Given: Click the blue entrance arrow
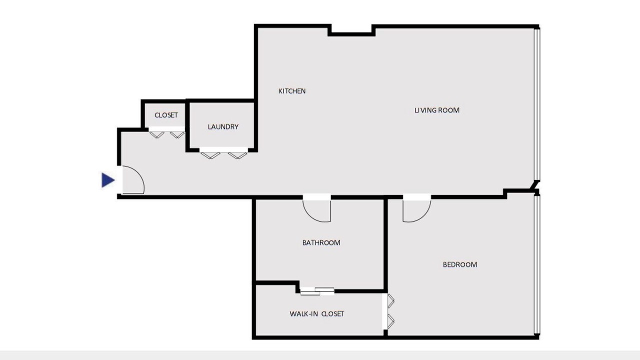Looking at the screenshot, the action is [108, 180].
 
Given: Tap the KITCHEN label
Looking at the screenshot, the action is [292, 91].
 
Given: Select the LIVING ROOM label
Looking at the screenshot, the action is [437, 110].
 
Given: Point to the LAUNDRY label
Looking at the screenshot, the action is [223, 127].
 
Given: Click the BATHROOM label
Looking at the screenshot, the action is [321, 243].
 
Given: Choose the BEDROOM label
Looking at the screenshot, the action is [460, 265].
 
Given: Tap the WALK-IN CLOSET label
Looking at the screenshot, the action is [317, 314].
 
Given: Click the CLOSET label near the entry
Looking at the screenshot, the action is [166, 115].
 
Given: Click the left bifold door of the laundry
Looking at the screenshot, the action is [210, 155].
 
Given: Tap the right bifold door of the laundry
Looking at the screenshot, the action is [237, 155].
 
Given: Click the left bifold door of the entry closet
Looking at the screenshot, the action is [157, 134].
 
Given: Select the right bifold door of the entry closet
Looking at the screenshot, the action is [177, 134].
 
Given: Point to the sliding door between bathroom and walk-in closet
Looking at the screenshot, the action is [317, 291].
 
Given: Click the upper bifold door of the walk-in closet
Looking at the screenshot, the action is [391, 301].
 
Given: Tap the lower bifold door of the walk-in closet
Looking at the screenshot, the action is [391, 321].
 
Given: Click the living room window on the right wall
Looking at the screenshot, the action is [537, 104].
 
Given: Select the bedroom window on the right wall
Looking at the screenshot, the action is [537, 265].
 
